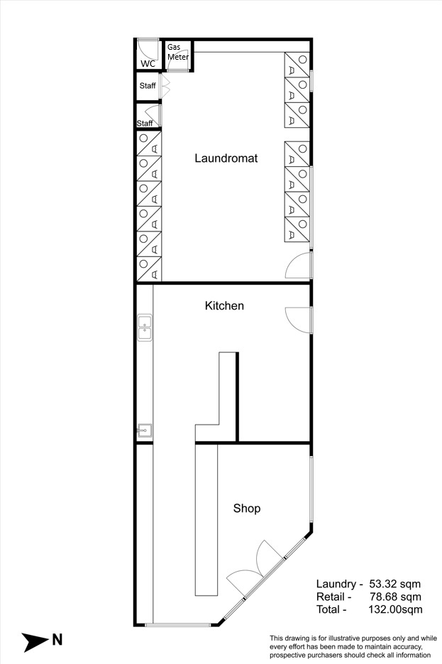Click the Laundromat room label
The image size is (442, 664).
click(x=226, y=158)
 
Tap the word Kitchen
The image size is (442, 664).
click(x=224, y=306)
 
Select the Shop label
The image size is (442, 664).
click(x=247, y=508)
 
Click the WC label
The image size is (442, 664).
click(x=148, y=63)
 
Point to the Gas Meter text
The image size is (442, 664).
click(x=177, y=52)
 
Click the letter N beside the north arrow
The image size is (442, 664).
click(x=57, y=639)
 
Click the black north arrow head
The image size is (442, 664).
click(x=35, y=642)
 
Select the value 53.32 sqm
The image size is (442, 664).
click(x=395, y=584)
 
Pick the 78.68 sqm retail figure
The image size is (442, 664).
click(x=395, y=597)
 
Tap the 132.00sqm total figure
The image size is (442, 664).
click(x=395, y=610)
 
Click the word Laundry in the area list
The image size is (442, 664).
click(x=336, y=584)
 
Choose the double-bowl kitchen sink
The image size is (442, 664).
click(x=145, y=327)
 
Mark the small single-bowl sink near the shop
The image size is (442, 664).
click(x=145, y=430)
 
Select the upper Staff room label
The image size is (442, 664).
click(x=148, y=85)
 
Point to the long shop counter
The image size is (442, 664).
click(x=206, y=519)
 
